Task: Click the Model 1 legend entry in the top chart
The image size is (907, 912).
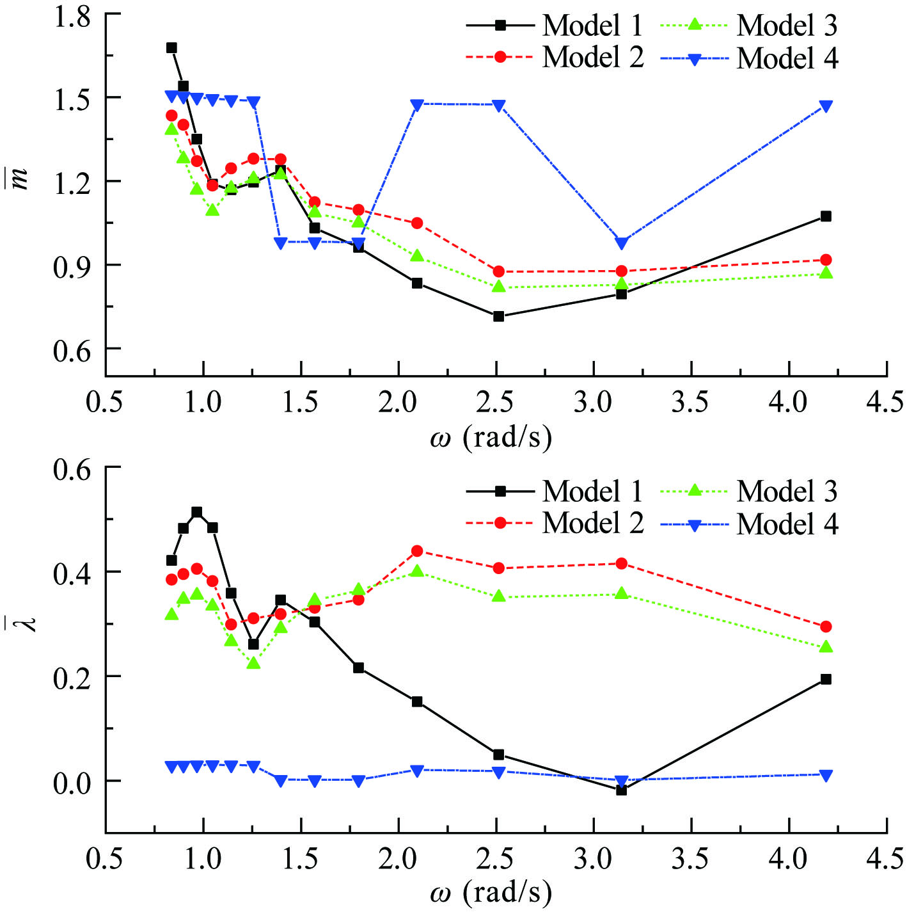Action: (554, 26)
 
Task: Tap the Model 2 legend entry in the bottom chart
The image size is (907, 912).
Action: (554, 523)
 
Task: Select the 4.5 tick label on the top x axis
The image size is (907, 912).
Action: (886, 403)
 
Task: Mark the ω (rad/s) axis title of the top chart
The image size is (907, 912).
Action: (490, 438)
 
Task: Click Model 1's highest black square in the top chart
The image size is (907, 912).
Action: (171, 48)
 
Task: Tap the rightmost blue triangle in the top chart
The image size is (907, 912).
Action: (826, 106)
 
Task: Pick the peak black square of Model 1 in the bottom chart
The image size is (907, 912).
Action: (197, 512)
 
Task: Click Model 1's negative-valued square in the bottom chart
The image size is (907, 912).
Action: (621, 790)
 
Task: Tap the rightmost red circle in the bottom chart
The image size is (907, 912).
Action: (826, 627)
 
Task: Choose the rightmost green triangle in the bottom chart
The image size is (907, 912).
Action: (826, 647)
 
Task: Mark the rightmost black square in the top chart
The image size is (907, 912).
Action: (826, 216)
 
